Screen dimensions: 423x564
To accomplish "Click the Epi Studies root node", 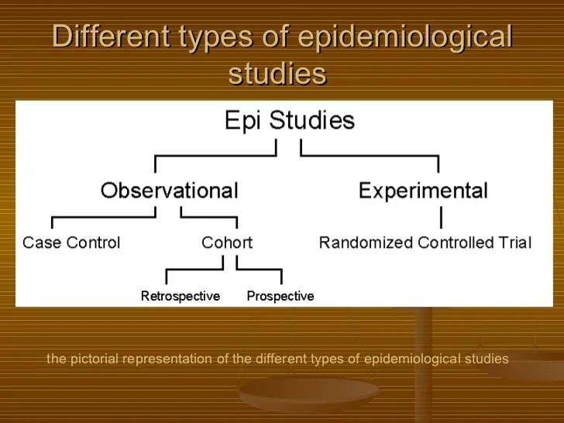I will tap(289, 121).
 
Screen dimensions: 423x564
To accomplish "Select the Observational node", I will tap(169, 190).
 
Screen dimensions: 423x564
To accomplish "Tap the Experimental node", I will tap(423, 190).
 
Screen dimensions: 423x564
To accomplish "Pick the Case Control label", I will tap(71, 242).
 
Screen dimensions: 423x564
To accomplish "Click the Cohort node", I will tap(227, 242).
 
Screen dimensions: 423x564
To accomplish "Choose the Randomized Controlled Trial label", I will tap(425, 242).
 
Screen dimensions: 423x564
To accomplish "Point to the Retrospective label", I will tap(181, 296).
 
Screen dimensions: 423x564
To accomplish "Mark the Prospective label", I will tap(280, 296).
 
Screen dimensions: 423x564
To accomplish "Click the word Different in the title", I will tap(107, 37).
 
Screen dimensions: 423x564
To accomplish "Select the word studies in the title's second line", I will tap(277, 74).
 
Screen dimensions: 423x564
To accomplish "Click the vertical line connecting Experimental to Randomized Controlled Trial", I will tap(442, 215).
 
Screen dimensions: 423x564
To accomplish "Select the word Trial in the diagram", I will tap(514, 242).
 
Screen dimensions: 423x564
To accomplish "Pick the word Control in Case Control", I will tap(94, 242).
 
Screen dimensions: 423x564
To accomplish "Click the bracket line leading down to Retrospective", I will tap(167, 277).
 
